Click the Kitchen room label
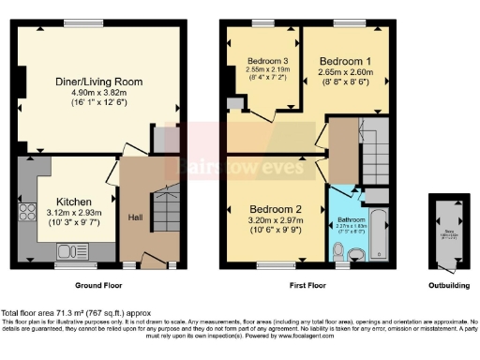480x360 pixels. point(72,202)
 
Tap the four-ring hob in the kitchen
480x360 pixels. point(26,213)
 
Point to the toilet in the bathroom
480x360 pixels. point(338,250)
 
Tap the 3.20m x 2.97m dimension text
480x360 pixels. point(274,220)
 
